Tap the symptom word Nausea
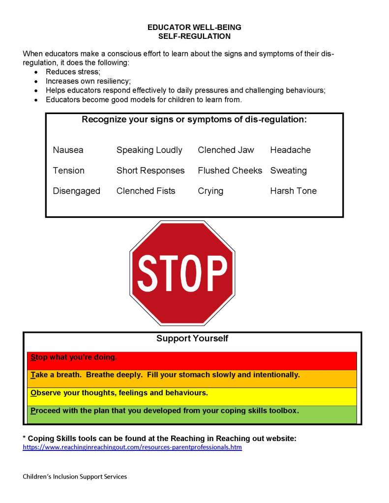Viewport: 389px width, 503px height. point(68,150)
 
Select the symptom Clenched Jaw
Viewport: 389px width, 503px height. point(226,150)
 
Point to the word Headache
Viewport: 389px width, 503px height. point(290,150)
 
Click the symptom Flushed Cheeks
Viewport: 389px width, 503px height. point(230,171)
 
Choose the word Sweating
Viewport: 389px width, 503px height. point(288,171)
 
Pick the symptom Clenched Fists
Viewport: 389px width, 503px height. point(146,191)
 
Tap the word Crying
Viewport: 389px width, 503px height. point(210,191)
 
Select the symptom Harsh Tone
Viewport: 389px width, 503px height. point(293,191)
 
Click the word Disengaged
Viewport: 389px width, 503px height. point(76,191)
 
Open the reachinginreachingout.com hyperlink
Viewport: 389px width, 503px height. point(132,448)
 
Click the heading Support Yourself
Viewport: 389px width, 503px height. point(192,339)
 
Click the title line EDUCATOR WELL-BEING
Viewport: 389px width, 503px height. point(194,28)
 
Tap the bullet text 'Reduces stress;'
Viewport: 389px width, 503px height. point(73,72)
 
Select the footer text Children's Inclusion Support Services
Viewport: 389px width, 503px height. point(75,476)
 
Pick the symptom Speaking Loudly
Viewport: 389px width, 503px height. point(149,150)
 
